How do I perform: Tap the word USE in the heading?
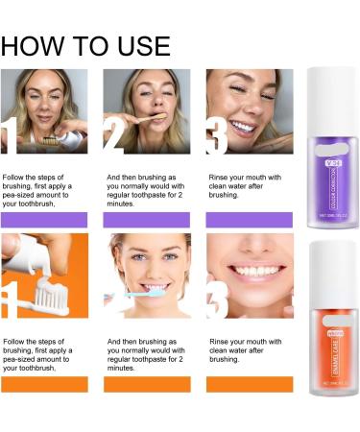(138, 45)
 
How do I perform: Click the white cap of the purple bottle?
(326, 85)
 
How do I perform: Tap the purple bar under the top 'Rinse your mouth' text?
(250, 219)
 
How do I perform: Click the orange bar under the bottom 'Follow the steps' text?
(43, 384)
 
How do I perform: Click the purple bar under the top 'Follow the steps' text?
(43, 219)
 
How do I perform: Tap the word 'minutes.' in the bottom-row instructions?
(124, 368)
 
